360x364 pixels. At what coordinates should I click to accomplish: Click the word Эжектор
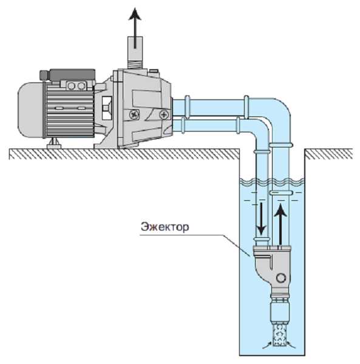click(x=165, y=227)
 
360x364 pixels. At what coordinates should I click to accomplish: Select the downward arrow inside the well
click(x=262, y=218)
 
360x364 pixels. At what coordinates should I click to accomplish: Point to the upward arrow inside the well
click(x=280, y=224)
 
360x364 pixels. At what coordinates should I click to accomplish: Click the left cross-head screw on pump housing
click(x=135, y=114)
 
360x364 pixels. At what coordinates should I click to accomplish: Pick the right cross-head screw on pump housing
click(x=164, y=114)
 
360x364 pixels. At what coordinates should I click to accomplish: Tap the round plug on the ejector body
click(x=281, y=278)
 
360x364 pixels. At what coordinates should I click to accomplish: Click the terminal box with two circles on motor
click(x=76, y=86)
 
